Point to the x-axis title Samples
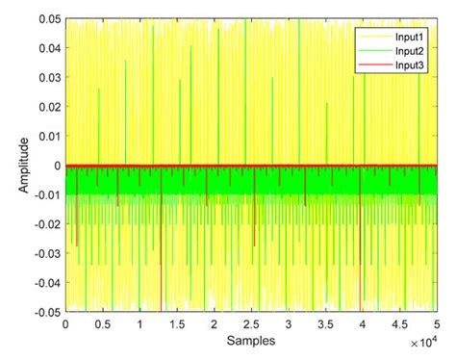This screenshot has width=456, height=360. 249,341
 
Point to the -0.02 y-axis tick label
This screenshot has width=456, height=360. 45,223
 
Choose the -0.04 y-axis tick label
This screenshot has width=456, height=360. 45,282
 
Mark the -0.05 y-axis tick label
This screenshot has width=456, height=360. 45,311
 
